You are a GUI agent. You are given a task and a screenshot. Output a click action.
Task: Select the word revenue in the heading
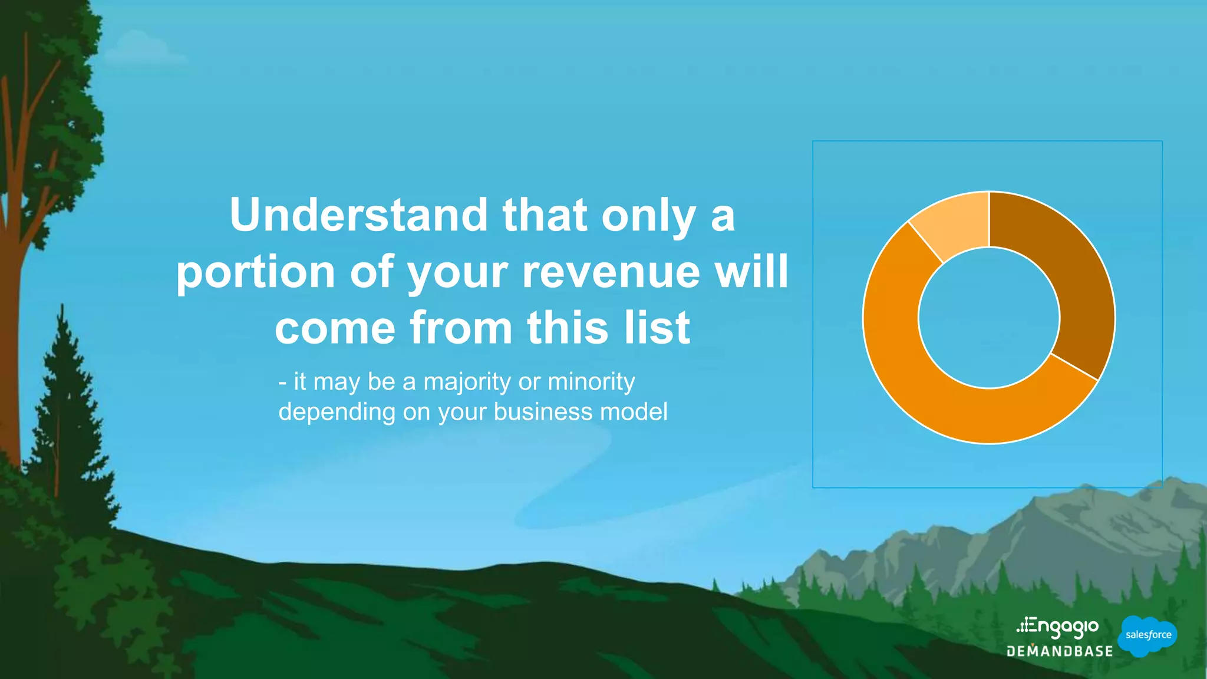point(611,272)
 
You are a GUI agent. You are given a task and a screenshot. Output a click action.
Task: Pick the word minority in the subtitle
point(591,383)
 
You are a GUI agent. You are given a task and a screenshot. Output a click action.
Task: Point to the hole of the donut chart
point(989,318)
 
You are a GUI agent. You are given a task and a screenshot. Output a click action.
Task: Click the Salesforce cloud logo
point(1147,635)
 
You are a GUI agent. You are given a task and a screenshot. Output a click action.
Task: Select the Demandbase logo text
point(1060,651)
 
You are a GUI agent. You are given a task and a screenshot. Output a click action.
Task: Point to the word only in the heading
point(648,216)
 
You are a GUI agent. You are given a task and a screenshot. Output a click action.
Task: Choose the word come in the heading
point(335,328)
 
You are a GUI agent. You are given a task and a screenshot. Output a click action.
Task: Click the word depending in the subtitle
point(337,412)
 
